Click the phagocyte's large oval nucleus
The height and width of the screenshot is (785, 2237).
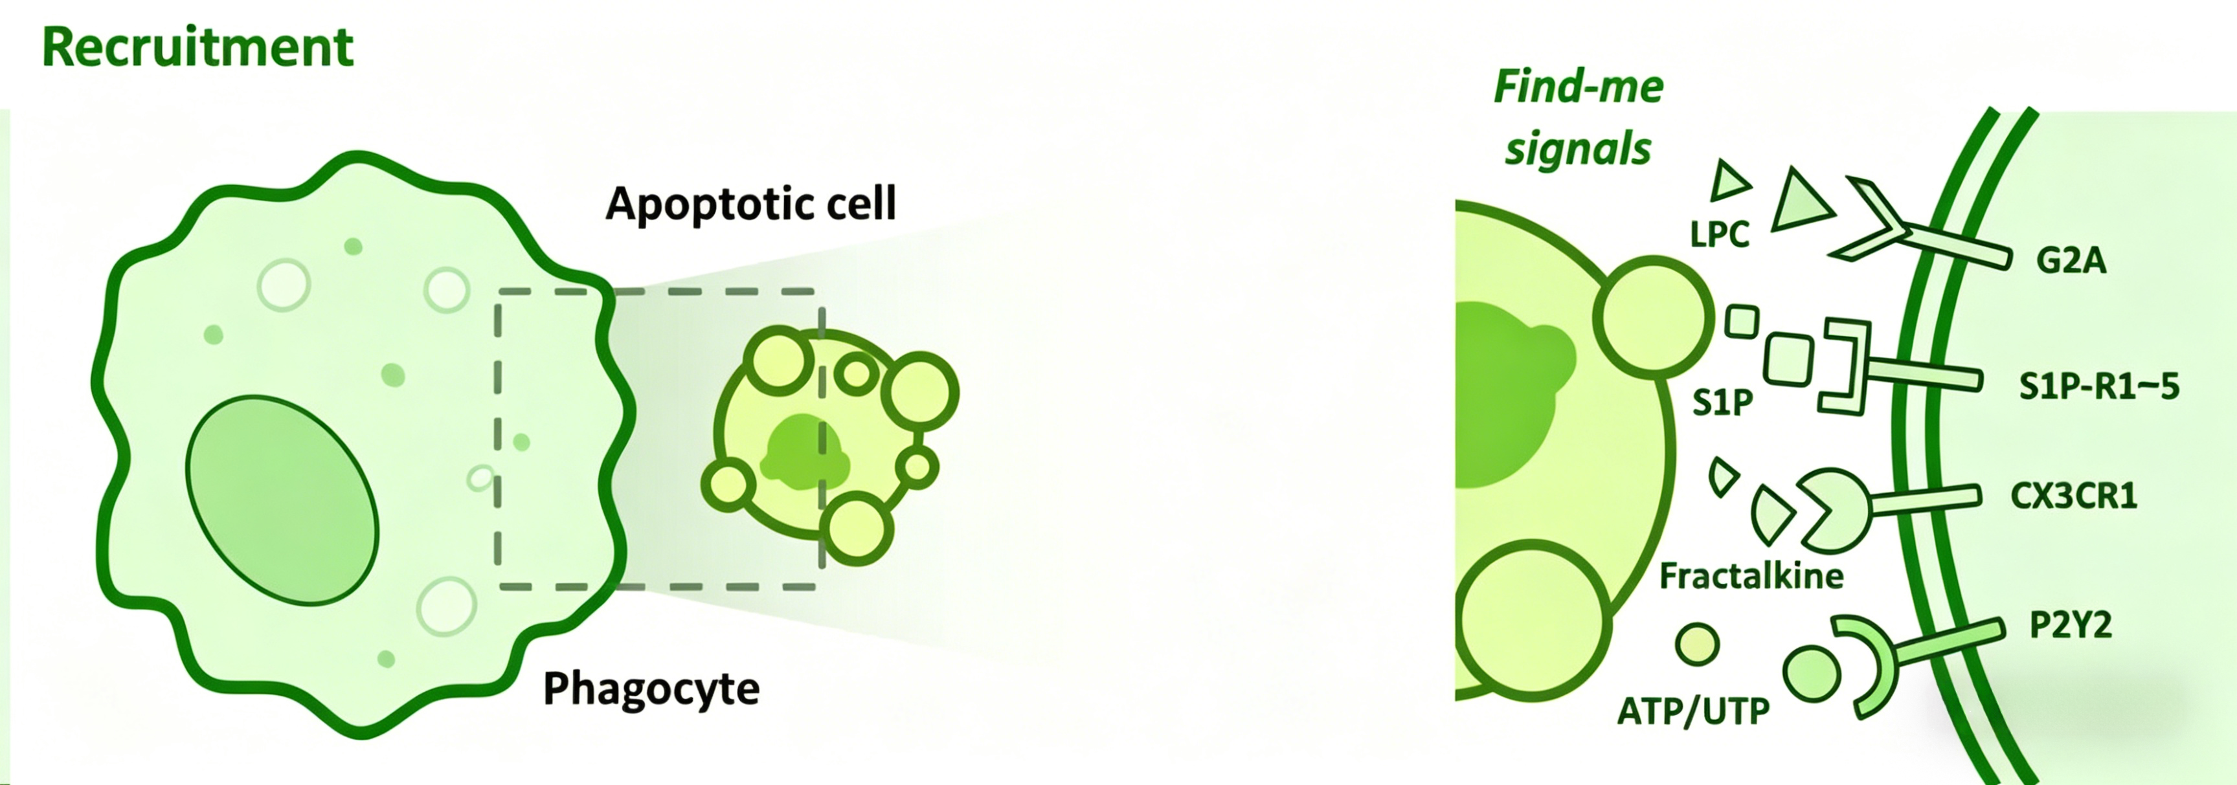282,500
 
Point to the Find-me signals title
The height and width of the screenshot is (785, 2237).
1578,117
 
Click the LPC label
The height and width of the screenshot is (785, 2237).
1720,234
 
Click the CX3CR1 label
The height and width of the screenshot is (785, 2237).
2074,496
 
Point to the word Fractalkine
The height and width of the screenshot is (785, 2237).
1751,576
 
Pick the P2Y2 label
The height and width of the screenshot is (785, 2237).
2070,625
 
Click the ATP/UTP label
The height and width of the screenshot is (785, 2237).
1692,712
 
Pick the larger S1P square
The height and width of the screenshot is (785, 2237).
1788,359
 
